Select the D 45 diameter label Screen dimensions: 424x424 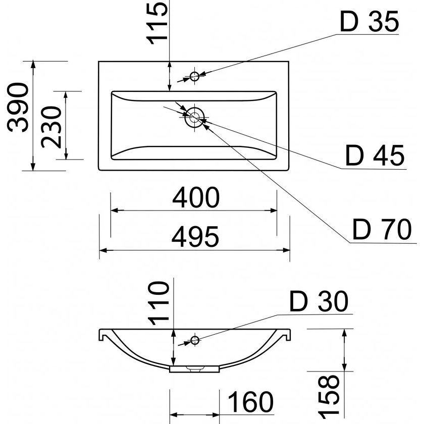pyautogui.click(x=376, y=156)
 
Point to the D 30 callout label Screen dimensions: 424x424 pyautogui.click(x=319, y=302)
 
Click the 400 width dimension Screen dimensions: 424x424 pyautogui.click(x=196, y=197)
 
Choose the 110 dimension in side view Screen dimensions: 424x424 pyautogui.click(x=158, y=303)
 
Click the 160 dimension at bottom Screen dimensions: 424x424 pyautogui.click(x=250, y=402)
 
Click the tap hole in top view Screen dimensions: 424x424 pyautogui.click(x=195, y=77)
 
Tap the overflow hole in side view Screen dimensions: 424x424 pyautogui.click(x=195, y=340)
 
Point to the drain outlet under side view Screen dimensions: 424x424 pyautogui.click(x=194, y=369)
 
